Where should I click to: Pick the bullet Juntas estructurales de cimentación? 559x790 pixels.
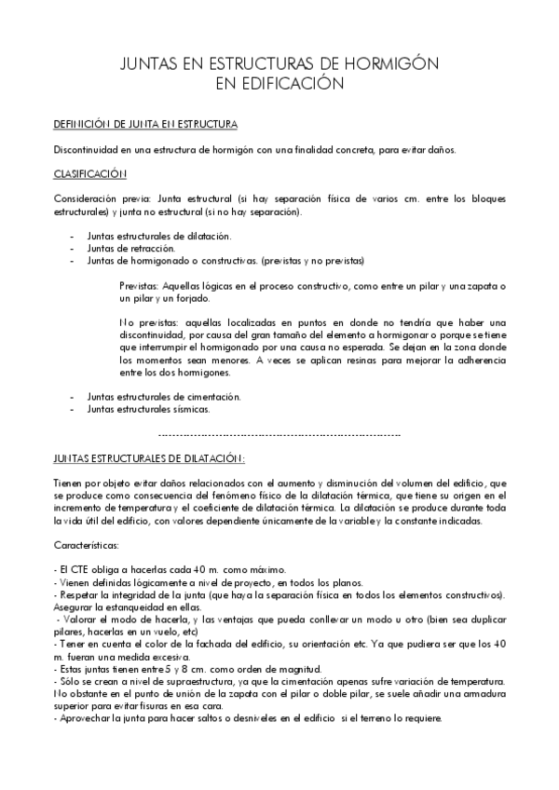[151, 396]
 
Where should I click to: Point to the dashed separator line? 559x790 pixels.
[279, 434]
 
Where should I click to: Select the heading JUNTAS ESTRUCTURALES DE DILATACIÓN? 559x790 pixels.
[149, 458]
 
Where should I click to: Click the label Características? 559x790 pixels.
[86, 545]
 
